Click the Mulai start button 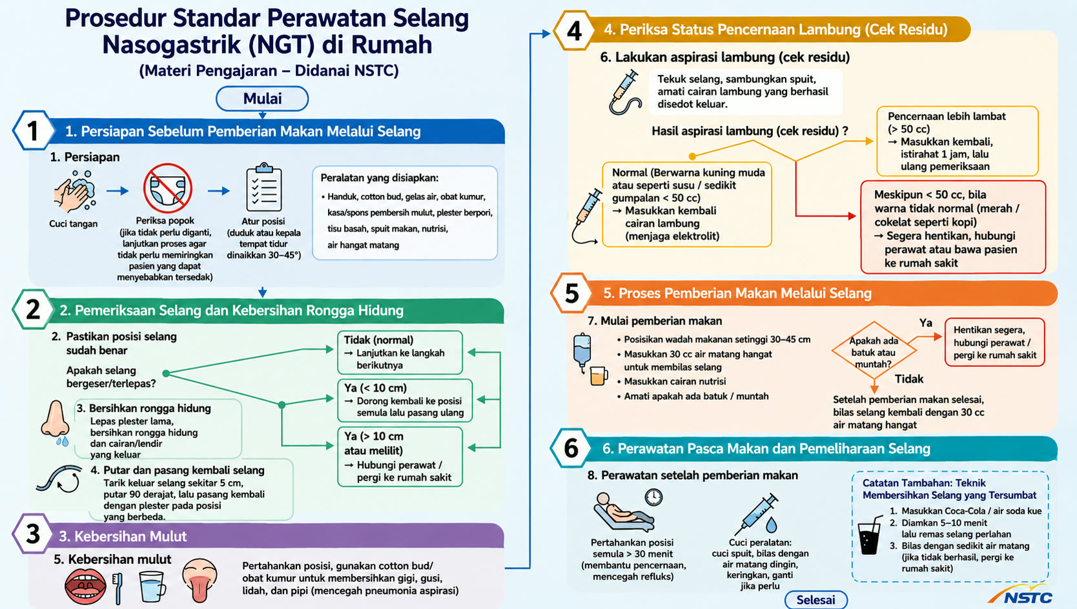(x=262, y=99)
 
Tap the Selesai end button (x=816, y=599)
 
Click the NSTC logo (x=1021, y=595)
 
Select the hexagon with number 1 (x=33, y=130)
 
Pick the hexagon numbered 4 (x=573, y=30)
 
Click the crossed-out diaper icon (x=167, y=188)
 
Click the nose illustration (x=56, y=423)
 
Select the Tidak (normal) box (x=400, y=352)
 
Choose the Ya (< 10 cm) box (x=405, y=401)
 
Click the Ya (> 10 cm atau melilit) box (x=400, y=457)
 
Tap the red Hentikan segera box (x=995, y=343)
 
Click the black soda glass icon (x=870, y=535)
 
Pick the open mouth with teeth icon (x=85, y=586)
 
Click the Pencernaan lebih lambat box (x=958, y=141)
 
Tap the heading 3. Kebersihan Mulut (x=123, y=536)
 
